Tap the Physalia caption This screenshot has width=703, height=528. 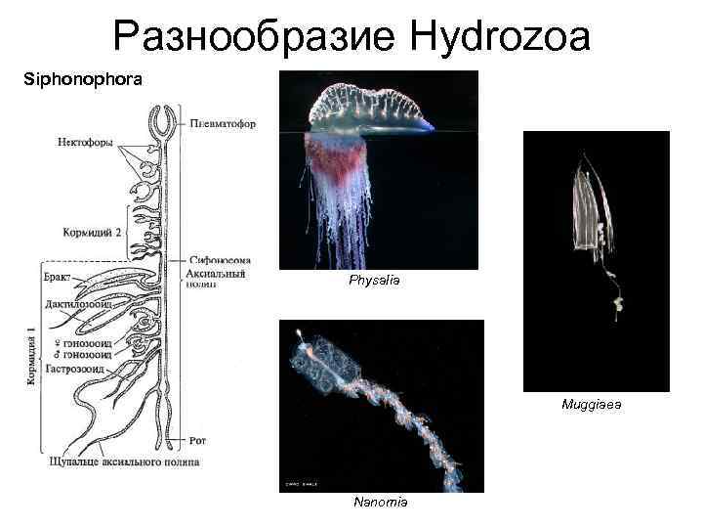point(374,281)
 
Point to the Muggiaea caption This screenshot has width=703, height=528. point(592,403)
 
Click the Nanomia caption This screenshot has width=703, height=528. point(381,502)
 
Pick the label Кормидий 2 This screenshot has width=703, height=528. point(91,233)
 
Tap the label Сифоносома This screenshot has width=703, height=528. point(223,261)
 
